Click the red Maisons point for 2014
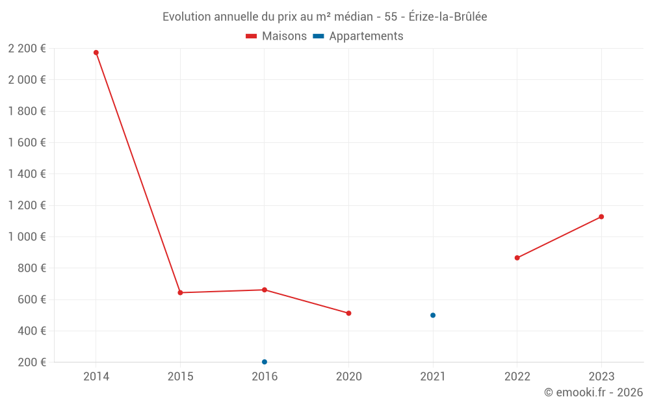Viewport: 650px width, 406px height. (96, 53)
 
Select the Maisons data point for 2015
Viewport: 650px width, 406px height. (180, 293)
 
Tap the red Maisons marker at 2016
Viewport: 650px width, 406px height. (265, 290)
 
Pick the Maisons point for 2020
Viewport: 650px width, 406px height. (348, 313)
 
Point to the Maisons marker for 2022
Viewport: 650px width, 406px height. (517, 258)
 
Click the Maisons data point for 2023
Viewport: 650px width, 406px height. (601, 217)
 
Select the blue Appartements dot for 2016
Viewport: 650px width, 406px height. (265, 362)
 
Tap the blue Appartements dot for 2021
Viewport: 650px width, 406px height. (433, 315)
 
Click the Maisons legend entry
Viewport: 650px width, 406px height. (276, 36)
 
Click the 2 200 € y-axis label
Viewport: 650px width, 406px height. (27, 49)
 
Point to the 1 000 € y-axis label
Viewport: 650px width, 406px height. (27, 237)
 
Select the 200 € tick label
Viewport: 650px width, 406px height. (31, 362)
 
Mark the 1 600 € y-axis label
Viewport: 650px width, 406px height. (27, 143)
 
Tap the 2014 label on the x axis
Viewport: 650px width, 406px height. (96, 376)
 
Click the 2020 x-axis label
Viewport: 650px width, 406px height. (348, 376)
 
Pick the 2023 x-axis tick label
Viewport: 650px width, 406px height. (601, 376)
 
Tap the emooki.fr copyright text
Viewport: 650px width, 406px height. (593, 392)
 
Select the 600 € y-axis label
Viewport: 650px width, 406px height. (31, 299)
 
